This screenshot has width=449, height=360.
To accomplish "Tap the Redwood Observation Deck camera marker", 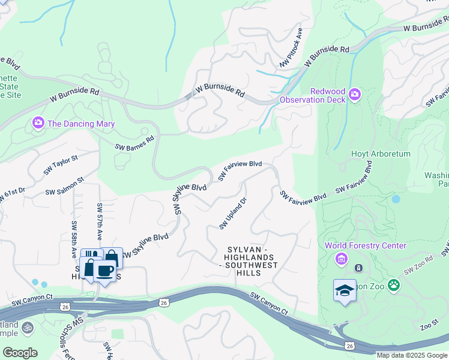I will tap(355, 94).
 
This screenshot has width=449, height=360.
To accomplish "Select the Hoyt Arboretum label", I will tap(381, 154).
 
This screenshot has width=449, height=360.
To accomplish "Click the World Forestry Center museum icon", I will tap(342, 259).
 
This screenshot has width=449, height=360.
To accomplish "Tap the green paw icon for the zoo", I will tap(394, 284).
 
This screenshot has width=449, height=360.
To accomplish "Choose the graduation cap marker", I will tap(345, 290).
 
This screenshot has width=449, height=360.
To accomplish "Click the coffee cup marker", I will tap(105, 271).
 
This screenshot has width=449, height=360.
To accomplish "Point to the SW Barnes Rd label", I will tap(134, 142).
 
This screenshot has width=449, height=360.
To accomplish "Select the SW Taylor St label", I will tap(61, 166).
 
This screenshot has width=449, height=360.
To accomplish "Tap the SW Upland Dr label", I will tap(233, 214).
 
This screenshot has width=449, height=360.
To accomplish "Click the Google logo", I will tap(20, 352).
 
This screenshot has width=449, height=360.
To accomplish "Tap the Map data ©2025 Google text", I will tap(411, 355).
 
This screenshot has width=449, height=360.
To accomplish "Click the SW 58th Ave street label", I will tap(74, 239).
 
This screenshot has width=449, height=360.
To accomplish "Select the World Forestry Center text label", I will tap(366, 245).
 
